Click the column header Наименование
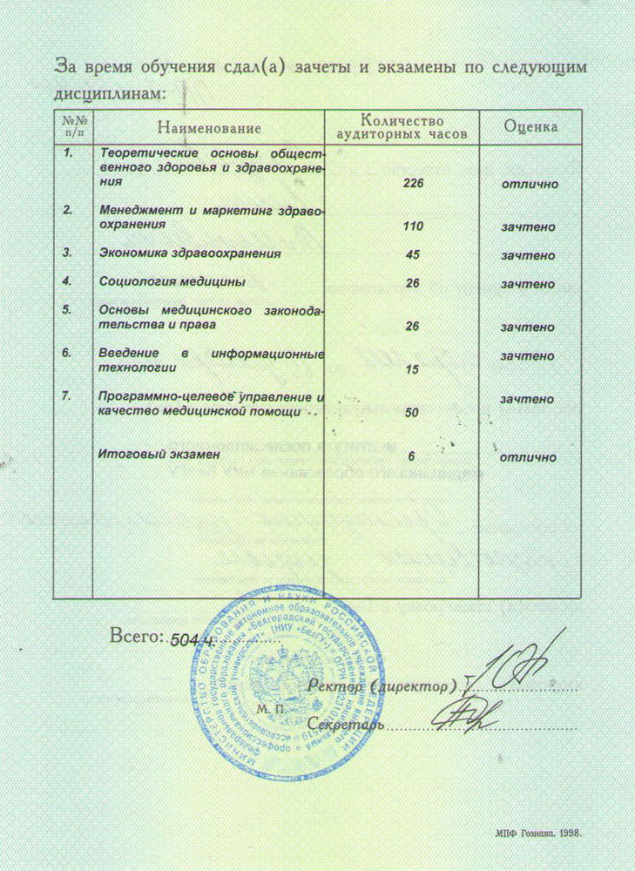point(208,128)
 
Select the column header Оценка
point(530,127)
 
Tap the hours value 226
point(413,184)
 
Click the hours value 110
point(413,226)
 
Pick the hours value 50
point(413,412)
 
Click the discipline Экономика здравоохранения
point(190,253)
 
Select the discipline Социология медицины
point(172,282)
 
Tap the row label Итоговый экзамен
point(159,455)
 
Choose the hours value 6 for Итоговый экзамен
point(413,456)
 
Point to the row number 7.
point(66,397)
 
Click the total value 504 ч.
point(193,639)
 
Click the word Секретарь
point(345,724)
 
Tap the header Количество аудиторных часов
point(402,127)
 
